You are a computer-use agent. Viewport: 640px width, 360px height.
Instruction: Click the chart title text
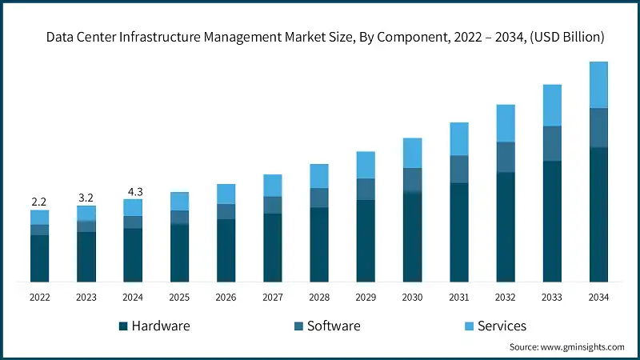(x=325, y=37)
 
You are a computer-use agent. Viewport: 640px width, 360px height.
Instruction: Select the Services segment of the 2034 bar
(x=598, y=85)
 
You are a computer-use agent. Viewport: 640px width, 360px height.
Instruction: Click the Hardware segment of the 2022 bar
(x=39, y=258)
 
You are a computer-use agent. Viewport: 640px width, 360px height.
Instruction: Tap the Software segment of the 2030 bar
(x=412, y=180)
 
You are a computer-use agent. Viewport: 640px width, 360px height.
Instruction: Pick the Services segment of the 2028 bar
(x=319, y=176)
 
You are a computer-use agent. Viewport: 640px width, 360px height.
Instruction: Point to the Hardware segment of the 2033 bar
(x=552, y=221)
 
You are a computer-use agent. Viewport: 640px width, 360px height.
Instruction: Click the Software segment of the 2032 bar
(x=506, y=157)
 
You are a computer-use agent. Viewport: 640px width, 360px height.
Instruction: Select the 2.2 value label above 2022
(x=39, y=202)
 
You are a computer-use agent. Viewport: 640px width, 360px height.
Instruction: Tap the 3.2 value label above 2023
(x=86, y=197)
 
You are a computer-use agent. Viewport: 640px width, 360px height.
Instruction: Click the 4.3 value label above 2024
(x=133, y=191)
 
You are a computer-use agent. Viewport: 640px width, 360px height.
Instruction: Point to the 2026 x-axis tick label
(x=226, y=297)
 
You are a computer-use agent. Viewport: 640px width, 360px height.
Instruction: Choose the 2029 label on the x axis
(x=366, y=297)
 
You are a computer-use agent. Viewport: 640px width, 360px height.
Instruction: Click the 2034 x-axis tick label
(x=598, y=297)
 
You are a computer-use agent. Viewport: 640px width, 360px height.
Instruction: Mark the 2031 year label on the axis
(x=458, y=297)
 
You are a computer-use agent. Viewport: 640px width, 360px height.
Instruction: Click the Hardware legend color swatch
(x=123, y=326)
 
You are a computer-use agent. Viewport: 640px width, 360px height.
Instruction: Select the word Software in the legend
(x=334, y=326)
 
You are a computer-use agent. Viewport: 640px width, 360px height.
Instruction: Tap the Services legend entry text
(x=502, y=326)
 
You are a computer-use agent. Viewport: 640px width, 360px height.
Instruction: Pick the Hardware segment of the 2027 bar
(x=273, y=247)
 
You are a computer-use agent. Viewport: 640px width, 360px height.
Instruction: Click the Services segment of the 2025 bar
(x=179, y=201)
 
